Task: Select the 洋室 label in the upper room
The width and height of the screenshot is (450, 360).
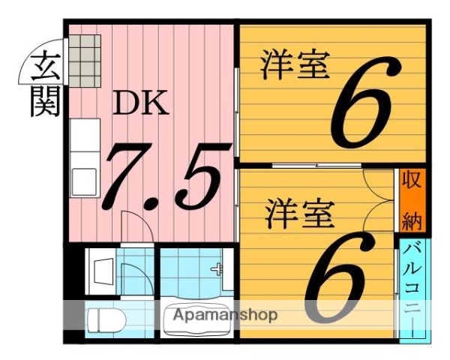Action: point(295,64)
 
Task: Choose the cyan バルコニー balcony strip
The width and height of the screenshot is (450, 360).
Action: point(412,289)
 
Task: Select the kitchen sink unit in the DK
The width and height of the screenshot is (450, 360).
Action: point(85,142)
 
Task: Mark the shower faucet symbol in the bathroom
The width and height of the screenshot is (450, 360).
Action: point(218,269)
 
